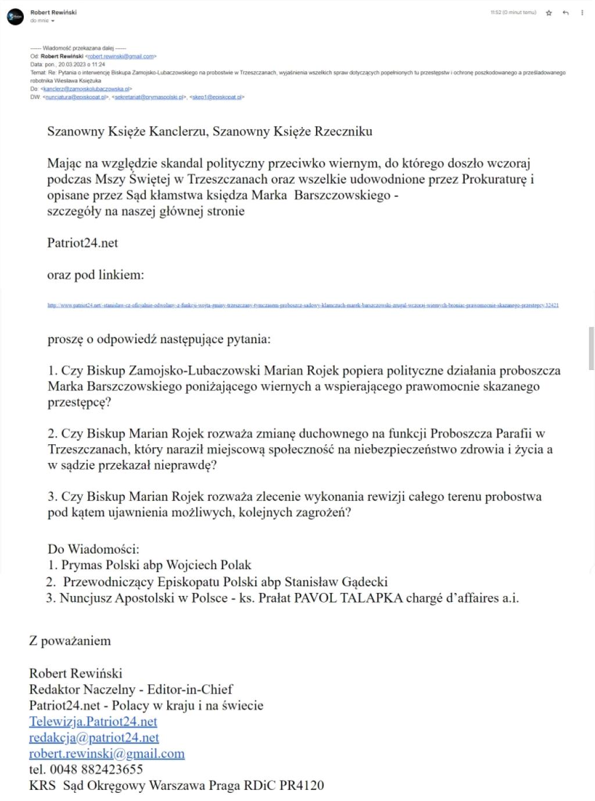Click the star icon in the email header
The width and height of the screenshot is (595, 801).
[x=549, y=13]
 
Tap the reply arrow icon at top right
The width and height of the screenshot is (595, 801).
[x=565, y=13]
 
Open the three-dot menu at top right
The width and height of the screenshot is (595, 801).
[x=582, y=13]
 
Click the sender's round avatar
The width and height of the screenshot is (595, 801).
[x=15, y=17]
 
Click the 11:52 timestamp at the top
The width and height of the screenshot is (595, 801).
[x=513, y=12]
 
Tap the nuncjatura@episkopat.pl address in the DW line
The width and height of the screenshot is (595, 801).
[x=76, y=98]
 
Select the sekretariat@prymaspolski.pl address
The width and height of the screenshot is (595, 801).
[x=149, y=98]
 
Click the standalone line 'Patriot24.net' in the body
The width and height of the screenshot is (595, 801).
[x=83, y=243]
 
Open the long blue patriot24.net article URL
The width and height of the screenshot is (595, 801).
[x=303, y=305]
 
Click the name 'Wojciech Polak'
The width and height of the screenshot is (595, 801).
[x=209, y=565]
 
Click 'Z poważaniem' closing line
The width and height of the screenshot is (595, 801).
[x=70, y=641]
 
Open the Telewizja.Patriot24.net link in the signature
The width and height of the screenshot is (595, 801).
[x=93, y=721]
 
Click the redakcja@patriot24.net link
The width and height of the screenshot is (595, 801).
[x=94, y=738]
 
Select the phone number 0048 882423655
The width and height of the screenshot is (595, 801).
[x=96, y=770]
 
